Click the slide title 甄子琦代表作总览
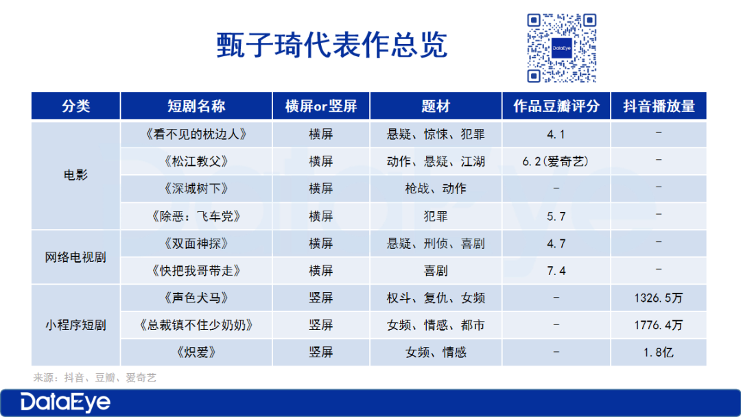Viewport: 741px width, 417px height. pos(332,45)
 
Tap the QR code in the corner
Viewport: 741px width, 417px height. pos(561,48)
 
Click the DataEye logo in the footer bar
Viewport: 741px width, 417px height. pos(65,403)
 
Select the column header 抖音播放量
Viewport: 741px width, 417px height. pos(659,106)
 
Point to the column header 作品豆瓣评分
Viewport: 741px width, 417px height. pos(556,106)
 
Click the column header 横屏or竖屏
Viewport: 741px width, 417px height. pos(321,106)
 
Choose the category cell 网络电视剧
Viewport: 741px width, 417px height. pos(75,257)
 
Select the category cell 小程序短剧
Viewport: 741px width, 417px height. pos(75,325)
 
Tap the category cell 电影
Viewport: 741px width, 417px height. pos(75,175)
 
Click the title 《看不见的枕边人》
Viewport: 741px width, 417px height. pos(196,134)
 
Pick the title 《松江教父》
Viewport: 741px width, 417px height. pos(196,161)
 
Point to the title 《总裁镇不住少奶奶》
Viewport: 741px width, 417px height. pos(196,325)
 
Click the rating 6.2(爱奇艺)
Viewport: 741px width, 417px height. pos(556,161)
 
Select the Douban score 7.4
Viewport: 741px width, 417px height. pos(556,271)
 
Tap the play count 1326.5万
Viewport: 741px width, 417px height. pos(659,298)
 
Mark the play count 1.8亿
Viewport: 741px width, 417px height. pos(659,353)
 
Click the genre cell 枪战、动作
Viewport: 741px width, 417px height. pos(435,189)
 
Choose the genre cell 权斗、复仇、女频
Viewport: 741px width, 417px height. pos(435,298)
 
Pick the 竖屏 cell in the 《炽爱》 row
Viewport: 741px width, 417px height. pos(321,353)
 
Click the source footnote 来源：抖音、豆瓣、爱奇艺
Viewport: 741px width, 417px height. pos(95,378)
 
